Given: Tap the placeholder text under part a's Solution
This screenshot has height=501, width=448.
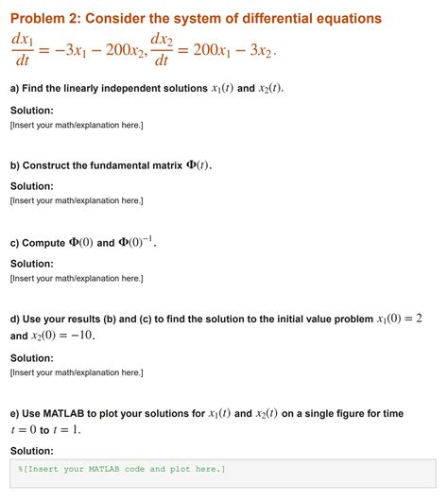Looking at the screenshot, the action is (76, 125).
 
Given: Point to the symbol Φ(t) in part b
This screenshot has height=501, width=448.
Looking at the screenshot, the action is (197, 165).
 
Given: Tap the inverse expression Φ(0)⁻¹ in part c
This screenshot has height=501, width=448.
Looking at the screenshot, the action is (135, 242).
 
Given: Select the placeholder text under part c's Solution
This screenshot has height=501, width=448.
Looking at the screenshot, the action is (76, 278).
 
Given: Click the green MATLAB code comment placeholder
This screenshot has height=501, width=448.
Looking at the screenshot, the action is (121, 469).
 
